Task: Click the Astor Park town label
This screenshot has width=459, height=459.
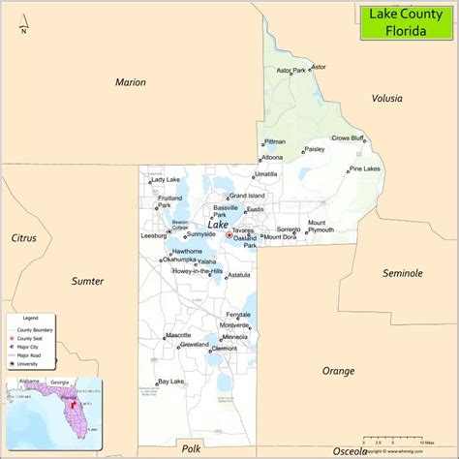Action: [x=291, y=71]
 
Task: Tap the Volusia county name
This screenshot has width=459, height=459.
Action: [x=388, y=98]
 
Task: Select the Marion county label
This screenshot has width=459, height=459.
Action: [x=130, y=82]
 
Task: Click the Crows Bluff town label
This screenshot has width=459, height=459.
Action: [x=348, y=138]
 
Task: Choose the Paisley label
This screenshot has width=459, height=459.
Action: [x=314, y=150]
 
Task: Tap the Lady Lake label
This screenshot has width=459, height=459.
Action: [x=165, y=180]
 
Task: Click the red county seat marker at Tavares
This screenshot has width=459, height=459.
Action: [x=229, y=234]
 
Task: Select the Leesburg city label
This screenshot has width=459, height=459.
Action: [x=154, y=235]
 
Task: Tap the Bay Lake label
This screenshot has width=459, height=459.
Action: [x=170, y=381]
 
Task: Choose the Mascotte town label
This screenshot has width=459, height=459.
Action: [x=178, y=335]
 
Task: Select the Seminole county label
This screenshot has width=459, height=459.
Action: [x=402, y=274]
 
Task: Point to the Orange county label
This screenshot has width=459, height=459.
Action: [x=338, y=370]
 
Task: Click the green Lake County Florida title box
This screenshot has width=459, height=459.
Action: [x=406, y=22]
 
